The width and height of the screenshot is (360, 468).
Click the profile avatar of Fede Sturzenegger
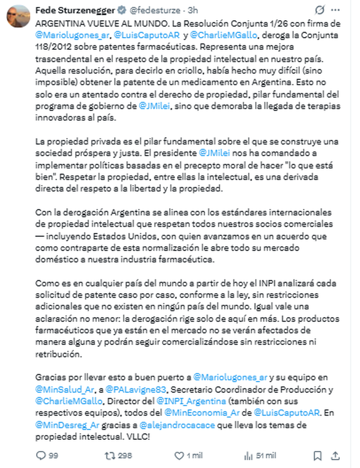(18, 16)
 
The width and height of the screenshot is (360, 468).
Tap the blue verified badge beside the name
(121, 10)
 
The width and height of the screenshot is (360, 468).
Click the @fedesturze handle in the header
(155, 10)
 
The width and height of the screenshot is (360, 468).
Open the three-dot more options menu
(335, 10)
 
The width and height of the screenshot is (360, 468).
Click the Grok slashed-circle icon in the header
(320, 10)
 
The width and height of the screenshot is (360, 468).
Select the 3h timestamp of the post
(193, 10)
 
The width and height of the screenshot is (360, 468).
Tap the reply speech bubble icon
(40, 456)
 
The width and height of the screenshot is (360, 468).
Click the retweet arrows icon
(110, 456)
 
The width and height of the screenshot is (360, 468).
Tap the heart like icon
(179, 456)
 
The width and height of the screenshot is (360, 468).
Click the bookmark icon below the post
(317, 456)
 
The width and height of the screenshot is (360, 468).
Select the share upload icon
(335, 456)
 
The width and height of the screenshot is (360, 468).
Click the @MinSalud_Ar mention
(65, 389)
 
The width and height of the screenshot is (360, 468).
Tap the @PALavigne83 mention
(136, 389)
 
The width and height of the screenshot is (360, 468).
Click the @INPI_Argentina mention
(191, 401)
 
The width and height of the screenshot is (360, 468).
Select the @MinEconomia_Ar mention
(202, 413)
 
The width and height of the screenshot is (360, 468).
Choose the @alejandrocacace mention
(177, 425)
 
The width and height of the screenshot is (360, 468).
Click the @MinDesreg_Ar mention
(67, 425)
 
